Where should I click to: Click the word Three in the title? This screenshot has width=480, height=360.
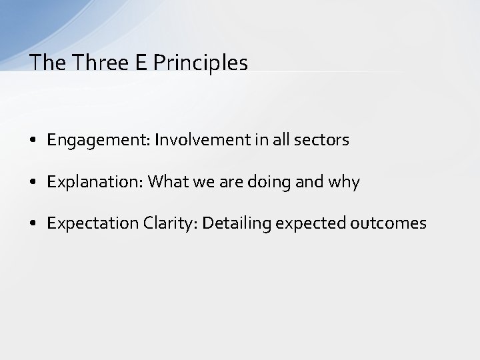point(96,63)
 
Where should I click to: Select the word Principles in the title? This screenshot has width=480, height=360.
point(200,63)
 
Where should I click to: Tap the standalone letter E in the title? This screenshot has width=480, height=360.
point(139,63)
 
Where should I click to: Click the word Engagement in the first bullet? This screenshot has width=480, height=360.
point(98,141)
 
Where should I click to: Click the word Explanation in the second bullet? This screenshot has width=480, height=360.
point(95,182)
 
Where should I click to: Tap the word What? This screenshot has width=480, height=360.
point(166,181)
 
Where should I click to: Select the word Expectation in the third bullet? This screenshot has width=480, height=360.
point(93,223)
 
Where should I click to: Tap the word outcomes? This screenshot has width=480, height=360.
point(388,223)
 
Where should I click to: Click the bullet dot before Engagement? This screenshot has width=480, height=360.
point(33,141)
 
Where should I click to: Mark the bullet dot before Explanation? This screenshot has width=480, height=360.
point(33,183)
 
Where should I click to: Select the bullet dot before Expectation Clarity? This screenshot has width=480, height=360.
point(33,224)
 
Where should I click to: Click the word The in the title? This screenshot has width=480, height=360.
point(46,63)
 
